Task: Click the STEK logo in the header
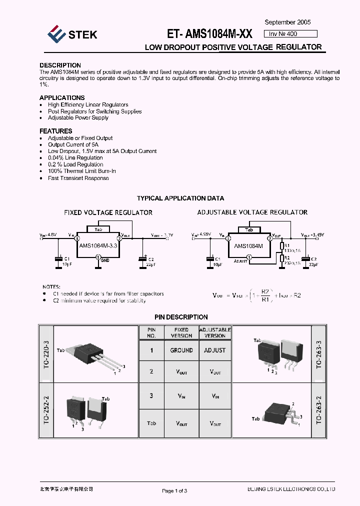pos(72,34)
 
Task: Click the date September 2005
pos(287,22)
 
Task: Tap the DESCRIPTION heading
pos(60,65)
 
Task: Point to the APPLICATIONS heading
pos(62,97)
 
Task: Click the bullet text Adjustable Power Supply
pos(78,118)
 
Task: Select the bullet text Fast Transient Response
pos(78,178)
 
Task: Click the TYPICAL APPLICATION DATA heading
pos(180,198)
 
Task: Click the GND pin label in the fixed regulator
pos(105,260)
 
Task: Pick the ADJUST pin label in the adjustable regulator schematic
pos(240,261)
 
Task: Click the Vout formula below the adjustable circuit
pos(256,295)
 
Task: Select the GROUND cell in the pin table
pos(181,350)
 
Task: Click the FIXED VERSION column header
pos(181,332)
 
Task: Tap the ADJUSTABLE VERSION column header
pos(215,332)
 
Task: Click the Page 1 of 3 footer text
pos(174,490)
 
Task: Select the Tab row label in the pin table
pos(151,423)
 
